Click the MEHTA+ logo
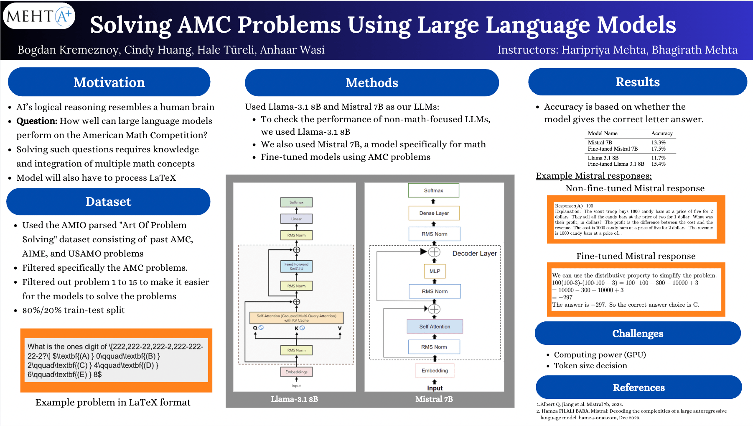click(x=39, y=16)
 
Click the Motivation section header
click(x=109, y=82)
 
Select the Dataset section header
click(x=108, y=202)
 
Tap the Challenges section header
click(x=638, y=334)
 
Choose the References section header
click(x=639, y=388)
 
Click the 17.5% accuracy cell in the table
click(x=658, y=149)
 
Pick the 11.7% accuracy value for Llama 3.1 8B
click(x=658, y=158)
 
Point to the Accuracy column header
click(x=661, y=133)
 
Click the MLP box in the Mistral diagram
click(x=435, y=271)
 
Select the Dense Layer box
click(x=434, y=213)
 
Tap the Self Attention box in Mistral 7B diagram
click(x=435, y=326)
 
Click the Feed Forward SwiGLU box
click(x=296, y=266)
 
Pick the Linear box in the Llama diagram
click(x=296, y=219)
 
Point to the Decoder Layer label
click(x=474, y=254)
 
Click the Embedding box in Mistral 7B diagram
click(x=435, y=370)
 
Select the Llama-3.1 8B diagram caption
click(x=294, y=399)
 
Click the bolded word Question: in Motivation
click(x=37, y=121)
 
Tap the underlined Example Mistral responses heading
click(x=593, y=176)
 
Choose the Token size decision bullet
click(x=590, y=366)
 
